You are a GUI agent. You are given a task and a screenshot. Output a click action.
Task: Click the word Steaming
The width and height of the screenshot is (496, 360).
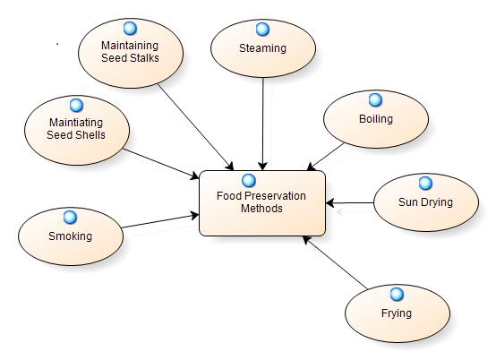pyautogui.click(x=262, y=48)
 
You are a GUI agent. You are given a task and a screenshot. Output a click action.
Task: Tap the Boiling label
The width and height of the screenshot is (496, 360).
pyautogui.click(x=376, y=119)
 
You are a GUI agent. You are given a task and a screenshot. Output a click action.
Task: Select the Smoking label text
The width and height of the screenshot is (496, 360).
pyautogui.click(x=70, y=236)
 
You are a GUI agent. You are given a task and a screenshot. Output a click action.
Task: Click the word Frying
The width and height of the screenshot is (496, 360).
pyautogui.click(x=397, y=313)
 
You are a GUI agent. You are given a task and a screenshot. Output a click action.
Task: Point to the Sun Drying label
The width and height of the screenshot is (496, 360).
pyautogui.click(x=425, y=202)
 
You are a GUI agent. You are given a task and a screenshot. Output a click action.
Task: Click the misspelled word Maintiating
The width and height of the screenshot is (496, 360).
pyautogui.click(x=76, y=123)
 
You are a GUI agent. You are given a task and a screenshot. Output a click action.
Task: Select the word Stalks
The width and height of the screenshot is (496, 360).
pyautogui.click(x=144, y=58)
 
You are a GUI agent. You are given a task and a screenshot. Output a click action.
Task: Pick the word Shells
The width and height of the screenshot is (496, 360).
pyautogui.click(x=90, y=135)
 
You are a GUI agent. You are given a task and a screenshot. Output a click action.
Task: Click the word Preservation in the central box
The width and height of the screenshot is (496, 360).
pyautogui.click(x=275, y=196)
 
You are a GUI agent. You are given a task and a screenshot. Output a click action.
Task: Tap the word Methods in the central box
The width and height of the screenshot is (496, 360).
pyautogui.click(x=261, y=209)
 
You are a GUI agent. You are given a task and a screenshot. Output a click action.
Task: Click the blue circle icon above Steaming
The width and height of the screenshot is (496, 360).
pyautogui.click(x=262, y=29)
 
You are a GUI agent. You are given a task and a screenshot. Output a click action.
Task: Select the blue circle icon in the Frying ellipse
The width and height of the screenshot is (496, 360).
pyautogui.click(x=397, y=295)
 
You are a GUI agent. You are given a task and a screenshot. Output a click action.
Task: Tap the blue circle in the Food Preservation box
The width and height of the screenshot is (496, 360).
pyautogui.click(x=249, y=180)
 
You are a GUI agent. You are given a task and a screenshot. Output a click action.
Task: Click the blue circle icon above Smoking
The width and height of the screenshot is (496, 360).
pyautogui.click(x=70, y=218)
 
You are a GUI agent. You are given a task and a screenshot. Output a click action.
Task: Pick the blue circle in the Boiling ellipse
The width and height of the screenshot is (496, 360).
pyautogui.click(x=375, y=100)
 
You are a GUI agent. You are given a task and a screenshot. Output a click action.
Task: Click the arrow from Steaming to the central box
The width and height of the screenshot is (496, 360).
pyautogui.click(x=262, y=124)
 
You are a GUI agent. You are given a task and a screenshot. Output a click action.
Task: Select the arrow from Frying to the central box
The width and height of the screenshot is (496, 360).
pyautogui.click(x=335, y=262)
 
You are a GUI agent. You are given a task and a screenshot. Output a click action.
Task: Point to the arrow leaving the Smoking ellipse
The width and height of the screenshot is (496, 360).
pyautogui.click(x=160, y=221)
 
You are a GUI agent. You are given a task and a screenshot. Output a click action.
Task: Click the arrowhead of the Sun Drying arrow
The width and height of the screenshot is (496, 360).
pyautogui.click(x=330, y=202)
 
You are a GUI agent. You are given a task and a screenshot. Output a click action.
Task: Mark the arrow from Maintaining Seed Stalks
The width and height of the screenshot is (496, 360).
pyautogui.click(x=195, y=127)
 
